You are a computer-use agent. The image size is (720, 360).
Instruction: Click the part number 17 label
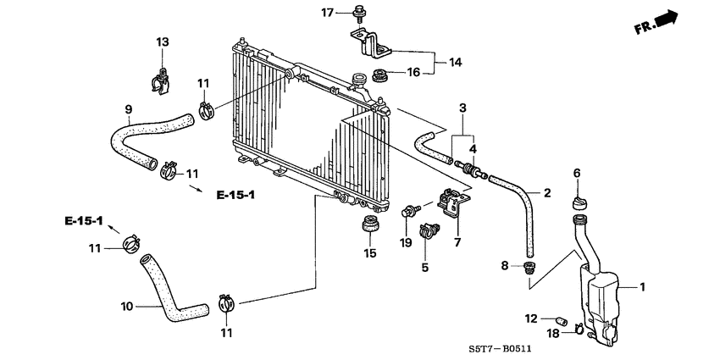pos(327,12)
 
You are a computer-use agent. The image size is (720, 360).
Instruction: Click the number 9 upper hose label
pos(129,108)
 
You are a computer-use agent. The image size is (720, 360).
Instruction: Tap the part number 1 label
pos(642,287)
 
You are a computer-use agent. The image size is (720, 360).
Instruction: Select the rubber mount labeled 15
pos(369,226)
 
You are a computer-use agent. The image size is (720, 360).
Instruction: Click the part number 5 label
pos(425,268)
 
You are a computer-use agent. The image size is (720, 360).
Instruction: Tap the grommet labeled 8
pos(530,269)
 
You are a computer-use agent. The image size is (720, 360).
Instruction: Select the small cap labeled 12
pos(560,319)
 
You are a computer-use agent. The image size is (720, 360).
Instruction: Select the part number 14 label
pos(456,62)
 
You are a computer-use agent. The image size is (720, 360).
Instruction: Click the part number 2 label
pos(547,194)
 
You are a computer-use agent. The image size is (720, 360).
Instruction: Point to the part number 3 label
pos(462,108)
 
